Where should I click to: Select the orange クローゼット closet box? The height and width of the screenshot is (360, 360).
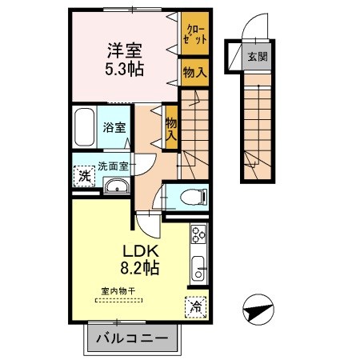coord(194,34)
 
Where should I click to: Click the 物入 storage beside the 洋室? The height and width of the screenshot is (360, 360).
coord(194,71)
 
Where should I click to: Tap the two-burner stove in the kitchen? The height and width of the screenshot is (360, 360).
coord(198,235)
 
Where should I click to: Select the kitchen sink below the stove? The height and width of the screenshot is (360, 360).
coord(197,266)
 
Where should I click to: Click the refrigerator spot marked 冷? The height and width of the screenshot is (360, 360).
coord(196,306)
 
